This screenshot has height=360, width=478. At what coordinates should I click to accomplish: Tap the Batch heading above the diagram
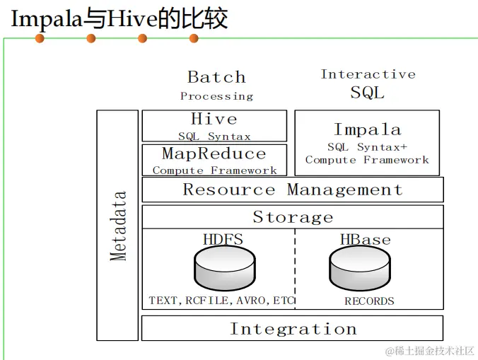click(216, 77)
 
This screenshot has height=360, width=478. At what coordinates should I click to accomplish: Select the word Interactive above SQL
click(368, 74)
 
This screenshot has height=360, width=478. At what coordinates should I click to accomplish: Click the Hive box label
click(214, 119)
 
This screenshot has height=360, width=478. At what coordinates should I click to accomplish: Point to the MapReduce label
click(214, 153)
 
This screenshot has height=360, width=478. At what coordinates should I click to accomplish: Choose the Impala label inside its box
click(367, 129)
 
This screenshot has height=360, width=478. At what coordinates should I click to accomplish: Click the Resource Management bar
click(293, 190)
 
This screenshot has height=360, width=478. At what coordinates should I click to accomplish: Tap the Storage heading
click(293, 217)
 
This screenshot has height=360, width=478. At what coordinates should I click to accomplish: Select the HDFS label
click(223, 239)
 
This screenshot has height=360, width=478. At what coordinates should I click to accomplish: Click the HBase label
click(365, 239)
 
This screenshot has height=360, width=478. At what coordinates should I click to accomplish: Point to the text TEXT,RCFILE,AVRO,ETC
click(221, 301)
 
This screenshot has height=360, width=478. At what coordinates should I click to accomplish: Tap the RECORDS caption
click(369, 301)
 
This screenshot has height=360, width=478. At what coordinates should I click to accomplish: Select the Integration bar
click(293, 329)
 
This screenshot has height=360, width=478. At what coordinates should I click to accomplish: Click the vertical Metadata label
click(119, 226)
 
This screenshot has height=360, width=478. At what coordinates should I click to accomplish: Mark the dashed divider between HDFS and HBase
click(295, 269)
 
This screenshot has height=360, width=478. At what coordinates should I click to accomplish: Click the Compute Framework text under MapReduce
click(214, 170)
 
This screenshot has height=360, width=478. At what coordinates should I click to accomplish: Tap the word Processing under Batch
click(216, 96)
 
